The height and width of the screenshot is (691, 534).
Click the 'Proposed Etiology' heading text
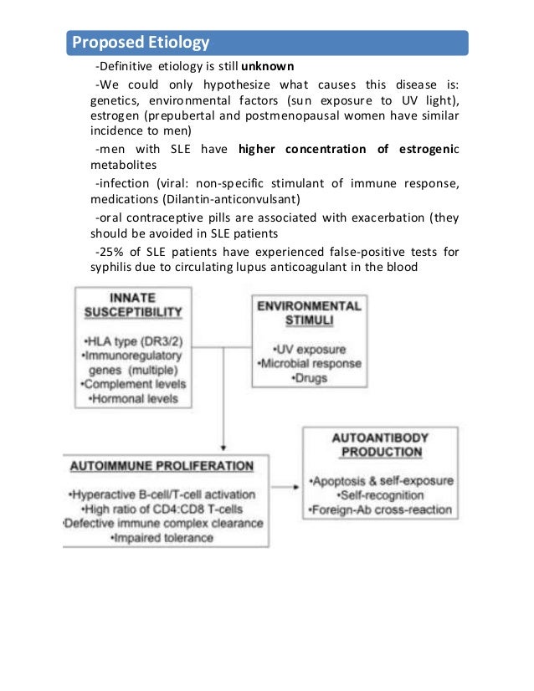pyautogui.click(x=141, y=42)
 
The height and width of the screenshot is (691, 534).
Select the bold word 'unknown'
pyautogui.click(x=267, y=66)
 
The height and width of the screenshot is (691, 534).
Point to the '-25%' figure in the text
pyautogui.click(x=108, y=252)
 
